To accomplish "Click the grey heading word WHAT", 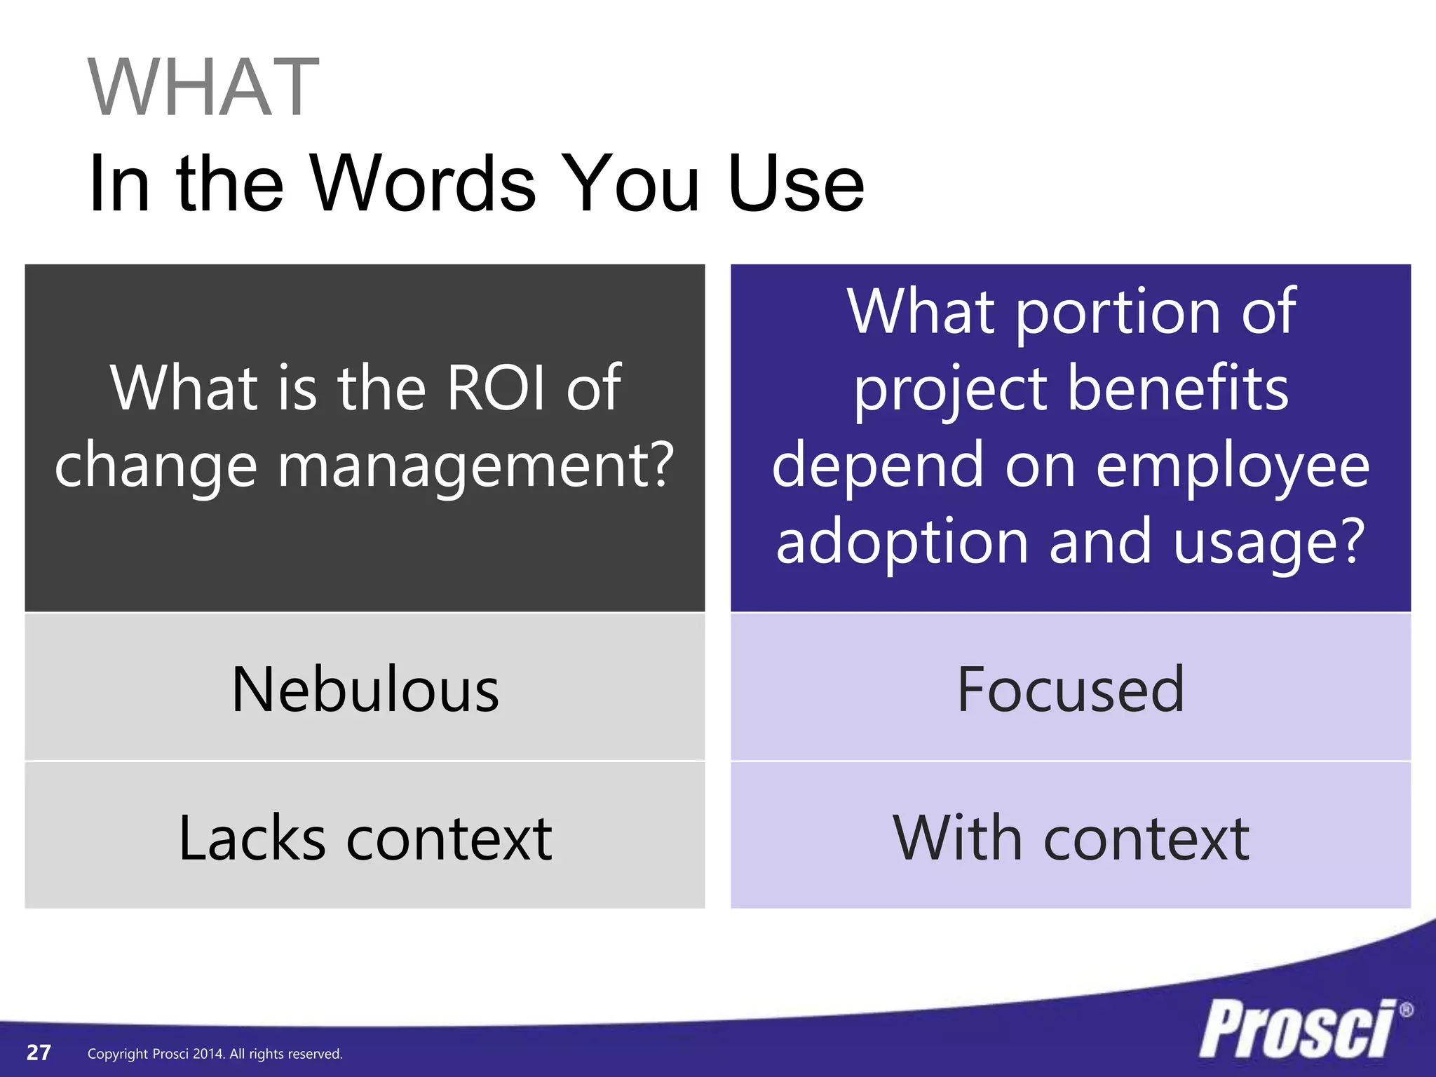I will click(203, 88).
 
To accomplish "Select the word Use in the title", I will click(795, 184).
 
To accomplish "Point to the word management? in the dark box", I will click(476, 465).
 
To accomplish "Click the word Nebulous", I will click(365, 690).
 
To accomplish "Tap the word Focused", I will click(1070, 690).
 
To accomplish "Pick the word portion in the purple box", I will click(1119, 312).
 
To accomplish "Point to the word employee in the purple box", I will click(1232, 465).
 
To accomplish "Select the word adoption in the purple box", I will click(902, 541).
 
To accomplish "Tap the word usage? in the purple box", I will click(1269, 541).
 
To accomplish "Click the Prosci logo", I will click(1297, 1029).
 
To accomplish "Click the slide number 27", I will click(39, 1052).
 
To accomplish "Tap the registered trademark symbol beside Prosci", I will click(1405, 1010).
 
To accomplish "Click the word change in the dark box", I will click(156, 465).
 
